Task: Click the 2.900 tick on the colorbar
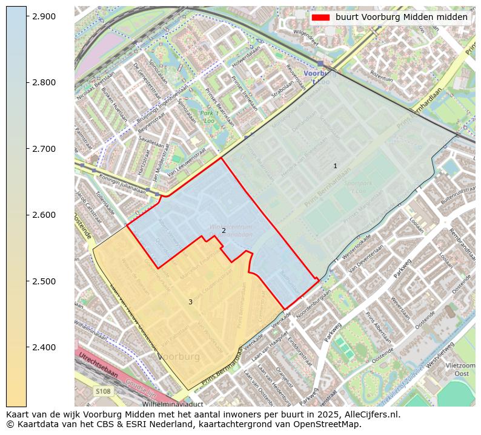click(x=27, y=16)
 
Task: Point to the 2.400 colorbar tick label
click(x=44, y=347)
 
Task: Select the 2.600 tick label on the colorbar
click(x=44, y=215)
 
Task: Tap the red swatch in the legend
click(x=320, y=18)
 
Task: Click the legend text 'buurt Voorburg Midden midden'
click(x=401, y=18)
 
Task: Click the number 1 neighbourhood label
click(x=335, y=166)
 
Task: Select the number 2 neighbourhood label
click(x=224, y=231)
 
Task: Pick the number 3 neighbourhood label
click(x=190, y=302)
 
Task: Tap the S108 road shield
click(x=102, y=391)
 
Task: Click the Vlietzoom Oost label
click(x=461, y=370)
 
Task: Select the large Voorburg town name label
click(x=179, y=357)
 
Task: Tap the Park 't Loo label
click(x=209, y=117)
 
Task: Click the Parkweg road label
click(x=402, y=264)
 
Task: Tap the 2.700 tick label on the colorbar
click(x=44, y=149)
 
